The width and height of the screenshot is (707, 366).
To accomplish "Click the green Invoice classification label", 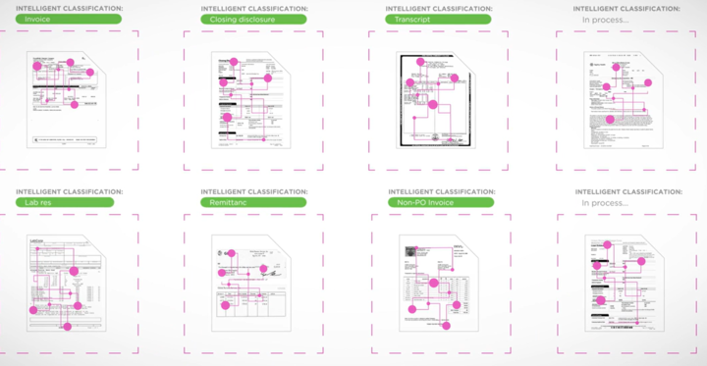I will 69,19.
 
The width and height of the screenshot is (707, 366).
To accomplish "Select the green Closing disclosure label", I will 253,19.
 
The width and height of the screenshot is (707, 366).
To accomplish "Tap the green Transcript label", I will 439,19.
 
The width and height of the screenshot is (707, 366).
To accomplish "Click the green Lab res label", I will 65,203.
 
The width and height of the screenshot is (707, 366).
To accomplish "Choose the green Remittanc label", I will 253,203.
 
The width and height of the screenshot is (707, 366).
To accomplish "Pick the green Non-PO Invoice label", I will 439,203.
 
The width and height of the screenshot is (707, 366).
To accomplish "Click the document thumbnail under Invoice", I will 65,98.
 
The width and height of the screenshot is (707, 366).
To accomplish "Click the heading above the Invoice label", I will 69,8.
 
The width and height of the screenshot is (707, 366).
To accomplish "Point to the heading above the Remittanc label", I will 253,191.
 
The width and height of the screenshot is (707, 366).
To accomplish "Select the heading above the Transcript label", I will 441,8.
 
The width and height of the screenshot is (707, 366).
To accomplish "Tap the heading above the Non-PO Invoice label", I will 441,191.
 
